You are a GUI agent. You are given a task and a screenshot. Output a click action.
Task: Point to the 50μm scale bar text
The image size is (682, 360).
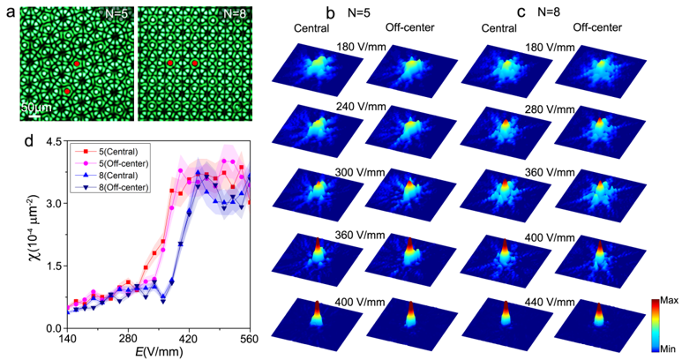tap(33, 106)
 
